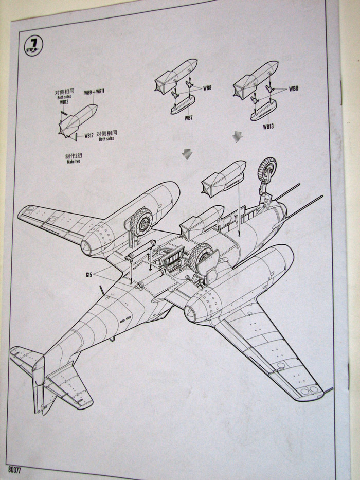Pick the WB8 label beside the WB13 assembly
pos(294,89)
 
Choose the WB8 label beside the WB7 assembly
pos(207,88)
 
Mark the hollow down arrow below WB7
pos(187,154)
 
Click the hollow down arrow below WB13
pos(237,137)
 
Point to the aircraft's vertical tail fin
pos(39,383)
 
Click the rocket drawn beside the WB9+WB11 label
pos(80,119)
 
